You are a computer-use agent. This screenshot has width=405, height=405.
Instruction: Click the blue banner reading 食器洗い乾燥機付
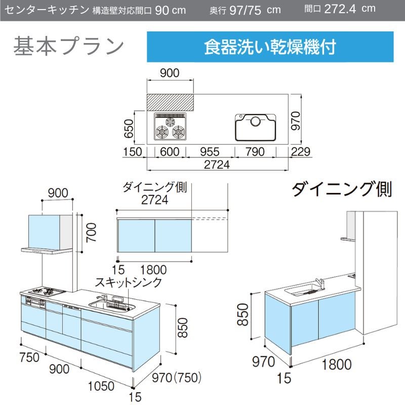(x=270, y=47)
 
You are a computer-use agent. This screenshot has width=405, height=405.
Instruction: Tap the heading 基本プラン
(x=69, y=46)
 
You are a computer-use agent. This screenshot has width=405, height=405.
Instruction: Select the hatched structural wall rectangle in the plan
(x=170, y=103)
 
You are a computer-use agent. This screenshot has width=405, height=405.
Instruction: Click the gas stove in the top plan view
(x=170, y=127)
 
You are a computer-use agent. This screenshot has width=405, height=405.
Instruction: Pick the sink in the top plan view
(x=255, y=128)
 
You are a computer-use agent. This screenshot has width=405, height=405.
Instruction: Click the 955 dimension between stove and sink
(x=210, y=152)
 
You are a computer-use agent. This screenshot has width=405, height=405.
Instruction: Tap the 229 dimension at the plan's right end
(x=301, y=151)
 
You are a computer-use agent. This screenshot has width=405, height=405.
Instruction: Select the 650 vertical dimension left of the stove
(x=129, y=129)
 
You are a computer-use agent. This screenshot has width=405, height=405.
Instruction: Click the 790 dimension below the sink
(x=255, y=152)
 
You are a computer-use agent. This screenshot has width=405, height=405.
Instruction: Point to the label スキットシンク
(x=129, y=282)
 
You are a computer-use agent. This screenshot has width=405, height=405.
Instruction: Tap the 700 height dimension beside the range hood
(x=91, y=233)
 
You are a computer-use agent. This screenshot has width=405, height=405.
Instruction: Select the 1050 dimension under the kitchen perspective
(x=101, y=386)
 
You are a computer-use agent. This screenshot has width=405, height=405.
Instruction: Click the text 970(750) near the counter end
(x=176, y=378)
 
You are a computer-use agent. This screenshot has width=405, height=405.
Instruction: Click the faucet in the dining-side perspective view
(x=319, y=283)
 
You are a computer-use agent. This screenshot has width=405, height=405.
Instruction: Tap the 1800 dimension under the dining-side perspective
(x=337, y=364)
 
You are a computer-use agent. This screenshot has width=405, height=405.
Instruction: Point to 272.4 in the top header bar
(x=340, y=9)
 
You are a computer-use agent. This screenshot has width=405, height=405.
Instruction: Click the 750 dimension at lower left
(x=29, y=357)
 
